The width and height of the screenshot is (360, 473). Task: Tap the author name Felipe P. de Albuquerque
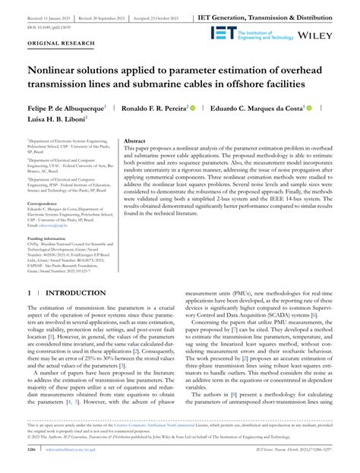click(x=65, y=109)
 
